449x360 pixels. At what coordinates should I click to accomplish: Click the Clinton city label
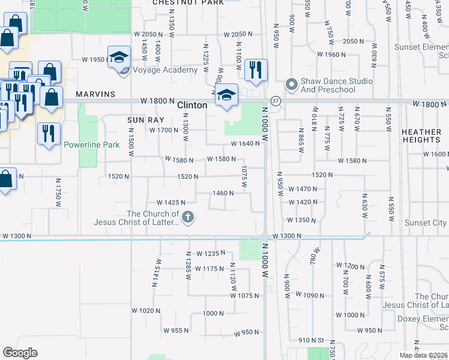click(x=192, y=105)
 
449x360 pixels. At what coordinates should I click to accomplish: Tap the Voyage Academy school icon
click(x=119, y=57)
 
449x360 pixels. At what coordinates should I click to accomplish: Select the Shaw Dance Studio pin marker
click(x=291, y=84)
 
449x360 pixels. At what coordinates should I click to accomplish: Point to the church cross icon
click(x=188, y=217)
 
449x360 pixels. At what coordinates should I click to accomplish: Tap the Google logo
click(x=20, y=353)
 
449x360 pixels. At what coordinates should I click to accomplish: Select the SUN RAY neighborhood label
click(x=142, y=120)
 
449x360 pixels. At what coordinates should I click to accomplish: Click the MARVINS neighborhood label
click(x=95, y=94)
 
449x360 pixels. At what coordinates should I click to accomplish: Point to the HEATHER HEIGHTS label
click(x=421, y=136)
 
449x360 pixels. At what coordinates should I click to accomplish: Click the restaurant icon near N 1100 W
click(x=256, y=70)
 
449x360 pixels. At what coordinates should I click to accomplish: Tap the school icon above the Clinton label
click(x=226, y=95)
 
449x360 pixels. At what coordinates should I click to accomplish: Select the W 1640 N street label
click(x=246, y=144)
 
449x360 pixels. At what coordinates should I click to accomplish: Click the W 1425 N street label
click(x=170, y=203)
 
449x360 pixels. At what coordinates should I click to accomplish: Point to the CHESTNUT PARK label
click(x=188, y=2)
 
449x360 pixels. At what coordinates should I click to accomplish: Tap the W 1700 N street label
click(x=164, y=130)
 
